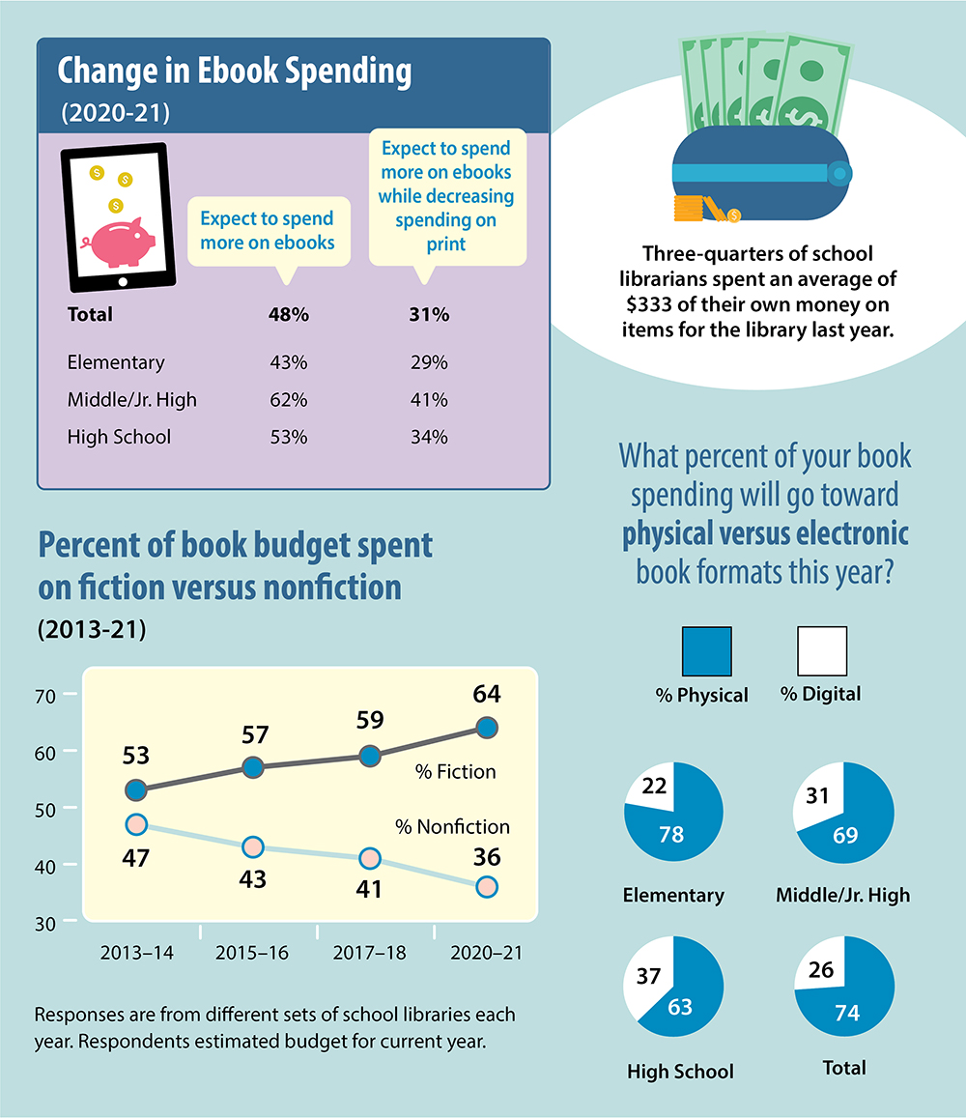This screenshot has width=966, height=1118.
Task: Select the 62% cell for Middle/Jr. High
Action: [x=288, y=399]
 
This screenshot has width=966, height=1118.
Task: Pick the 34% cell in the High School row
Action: [x=428, y=437]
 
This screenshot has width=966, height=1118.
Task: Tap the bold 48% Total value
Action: [x=288, y=314]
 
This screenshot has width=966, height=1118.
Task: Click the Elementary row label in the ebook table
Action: [x=116, y=362]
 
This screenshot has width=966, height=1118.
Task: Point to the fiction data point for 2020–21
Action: [x=487, y=727]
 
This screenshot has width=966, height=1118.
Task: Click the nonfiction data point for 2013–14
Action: [x=136, y=824]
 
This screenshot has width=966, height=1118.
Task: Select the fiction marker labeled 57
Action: [x=253, y=767]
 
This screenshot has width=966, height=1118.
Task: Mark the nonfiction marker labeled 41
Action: [x=370, y=858]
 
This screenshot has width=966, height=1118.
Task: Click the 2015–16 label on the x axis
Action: [x=253, y=953]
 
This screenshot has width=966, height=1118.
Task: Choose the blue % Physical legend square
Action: [x=707, y=651]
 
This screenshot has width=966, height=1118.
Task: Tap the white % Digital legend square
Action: [x=822, y=651]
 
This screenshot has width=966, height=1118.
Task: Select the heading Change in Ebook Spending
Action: [x=235, y=72]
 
